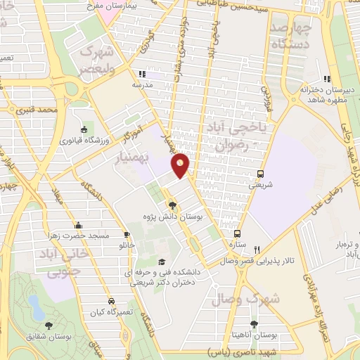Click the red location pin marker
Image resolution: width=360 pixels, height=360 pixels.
click(x=181, y=166)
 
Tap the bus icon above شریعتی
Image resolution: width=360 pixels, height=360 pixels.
click(x=261, y=174)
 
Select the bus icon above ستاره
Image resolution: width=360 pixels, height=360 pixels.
click(x=238, y=233)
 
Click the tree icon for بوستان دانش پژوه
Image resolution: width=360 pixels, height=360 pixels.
click(x=173, y=205)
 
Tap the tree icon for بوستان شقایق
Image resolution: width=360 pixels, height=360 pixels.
click(x=49, y=325)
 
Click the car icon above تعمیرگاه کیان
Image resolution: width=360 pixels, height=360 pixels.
click(x=112, y=298)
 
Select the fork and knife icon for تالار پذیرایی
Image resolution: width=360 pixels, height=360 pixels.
click(x=257, y=250)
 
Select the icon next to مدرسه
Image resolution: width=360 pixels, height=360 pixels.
click(x=141, y=73)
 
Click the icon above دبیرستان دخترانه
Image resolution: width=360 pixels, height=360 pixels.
click(x=326, y=79)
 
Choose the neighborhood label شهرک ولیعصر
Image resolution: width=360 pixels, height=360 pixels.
click(x=96, y=59)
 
